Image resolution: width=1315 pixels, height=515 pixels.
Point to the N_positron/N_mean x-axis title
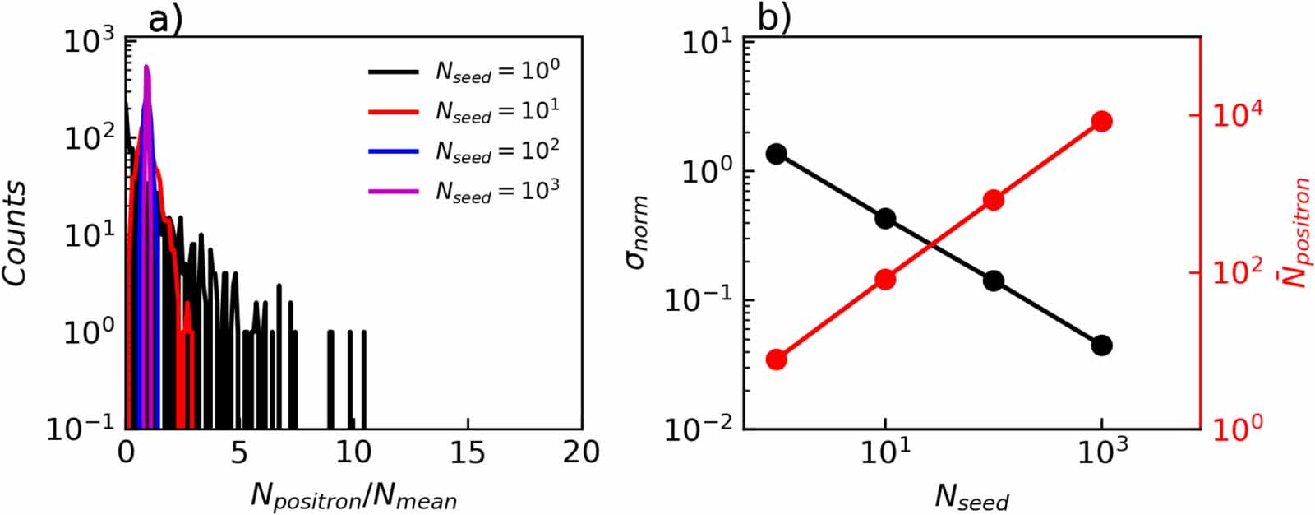[x=353, y=496]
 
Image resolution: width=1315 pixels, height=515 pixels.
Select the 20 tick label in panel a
[x=581, y=453]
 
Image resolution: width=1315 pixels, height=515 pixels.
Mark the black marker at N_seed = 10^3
[x=1101, y=346]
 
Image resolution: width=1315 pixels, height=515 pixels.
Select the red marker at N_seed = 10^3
[x=1101, y=122]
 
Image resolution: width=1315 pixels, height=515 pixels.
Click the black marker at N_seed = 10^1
[x=885, y=219]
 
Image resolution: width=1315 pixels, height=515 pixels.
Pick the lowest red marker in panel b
[x=776, y=360]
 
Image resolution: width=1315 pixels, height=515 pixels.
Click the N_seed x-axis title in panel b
[x=971, y=496]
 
